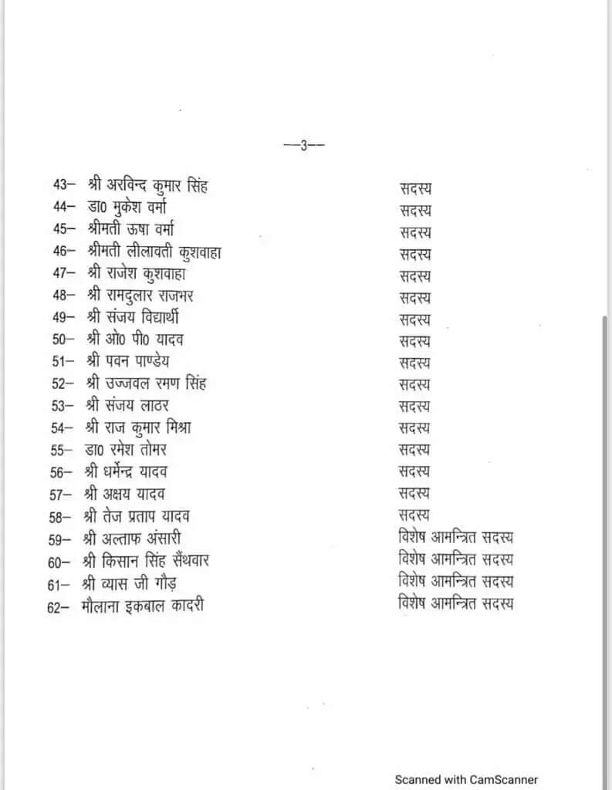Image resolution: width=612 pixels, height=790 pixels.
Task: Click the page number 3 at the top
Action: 304,144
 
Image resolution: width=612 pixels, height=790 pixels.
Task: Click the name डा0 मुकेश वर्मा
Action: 132,208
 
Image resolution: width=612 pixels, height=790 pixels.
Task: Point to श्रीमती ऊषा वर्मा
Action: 136,229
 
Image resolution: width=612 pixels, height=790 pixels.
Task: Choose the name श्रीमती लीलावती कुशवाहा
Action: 154,252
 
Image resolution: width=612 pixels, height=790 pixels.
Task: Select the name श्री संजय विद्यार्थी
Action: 134,317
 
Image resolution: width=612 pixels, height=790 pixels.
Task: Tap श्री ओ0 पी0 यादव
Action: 134,339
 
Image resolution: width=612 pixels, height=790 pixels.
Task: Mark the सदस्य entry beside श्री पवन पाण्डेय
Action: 415,361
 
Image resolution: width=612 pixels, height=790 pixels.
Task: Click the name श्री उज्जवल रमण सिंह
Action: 146,383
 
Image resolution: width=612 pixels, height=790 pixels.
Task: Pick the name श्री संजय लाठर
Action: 128,404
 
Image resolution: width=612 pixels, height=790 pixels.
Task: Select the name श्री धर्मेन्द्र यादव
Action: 128,471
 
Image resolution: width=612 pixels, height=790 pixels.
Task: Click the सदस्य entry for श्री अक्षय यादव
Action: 415,493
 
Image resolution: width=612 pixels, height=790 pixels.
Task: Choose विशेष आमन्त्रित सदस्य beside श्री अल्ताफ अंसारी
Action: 456,537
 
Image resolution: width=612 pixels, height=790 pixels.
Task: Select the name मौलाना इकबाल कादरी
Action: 143,606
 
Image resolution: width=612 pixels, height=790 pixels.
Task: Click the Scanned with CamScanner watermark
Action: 466,779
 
